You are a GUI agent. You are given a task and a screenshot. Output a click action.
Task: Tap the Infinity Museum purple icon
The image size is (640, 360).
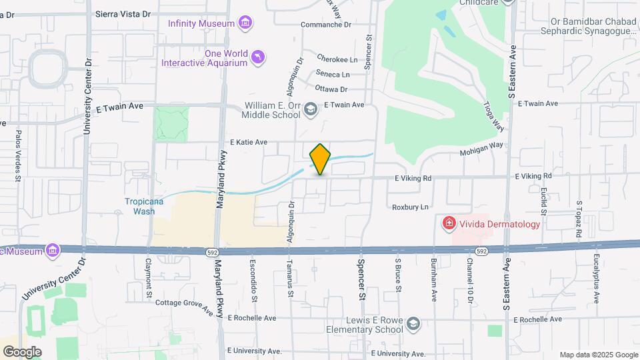[245, 24]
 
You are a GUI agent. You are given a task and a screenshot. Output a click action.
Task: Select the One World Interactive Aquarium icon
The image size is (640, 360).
[258, 58]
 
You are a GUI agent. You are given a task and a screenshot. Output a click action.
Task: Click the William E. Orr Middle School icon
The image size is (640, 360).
[310, 109]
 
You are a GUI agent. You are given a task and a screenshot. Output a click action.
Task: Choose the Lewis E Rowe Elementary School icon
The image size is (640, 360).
[413, 325]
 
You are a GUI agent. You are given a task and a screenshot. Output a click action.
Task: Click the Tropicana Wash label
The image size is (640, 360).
[139, 206]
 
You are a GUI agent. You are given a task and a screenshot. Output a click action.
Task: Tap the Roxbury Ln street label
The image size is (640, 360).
[409, 207]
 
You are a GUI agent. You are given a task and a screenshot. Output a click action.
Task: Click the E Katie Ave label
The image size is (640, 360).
[249, 142]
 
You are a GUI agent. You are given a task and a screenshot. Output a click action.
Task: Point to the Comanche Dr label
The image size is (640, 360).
[325, 25]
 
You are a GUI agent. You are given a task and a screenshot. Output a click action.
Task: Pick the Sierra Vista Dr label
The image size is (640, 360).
[125, 13]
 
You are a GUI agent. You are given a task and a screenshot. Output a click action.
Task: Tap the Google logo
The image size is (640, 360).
[21, 351]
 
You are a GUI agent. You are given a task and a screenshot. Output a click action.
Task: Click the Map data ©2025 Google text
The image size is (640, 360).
[598, 355]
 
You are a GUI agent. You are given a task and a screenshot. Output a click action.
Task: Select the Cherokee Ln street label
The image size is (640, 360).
[337, 59]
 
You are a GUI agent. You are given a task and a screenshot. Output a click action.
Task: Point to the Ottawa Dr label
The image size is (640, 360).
[331, 89]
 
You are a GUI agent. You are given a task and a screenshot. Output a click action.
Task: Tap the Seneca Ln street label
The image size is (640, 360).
[333, 74]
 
